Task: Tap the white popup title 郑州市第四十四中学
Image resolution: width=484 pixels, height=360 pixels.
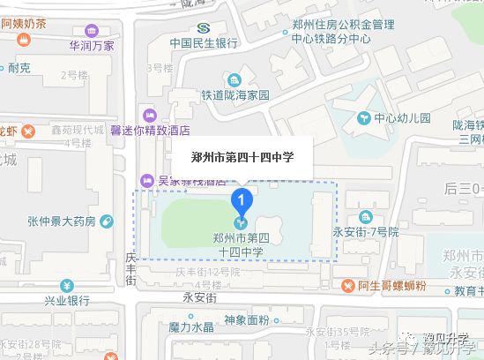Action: (242, 156)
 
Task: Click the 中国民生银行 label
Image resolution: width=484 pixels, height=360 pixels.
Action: (205, 42)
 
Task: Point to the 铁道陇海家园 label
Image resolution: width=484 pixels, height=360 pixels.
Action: (234, 94)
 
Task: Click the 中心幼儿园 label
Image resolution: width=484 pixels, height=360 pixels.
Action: (401, 116)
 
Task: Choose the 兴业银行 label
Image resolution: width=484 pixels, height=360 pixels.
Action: (67, 301)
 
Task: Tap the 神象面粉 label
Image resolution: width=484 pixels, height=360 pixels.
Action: (247, 319)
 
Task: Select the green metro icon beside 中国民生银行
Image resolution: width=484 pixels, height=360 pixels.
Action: (205, 26)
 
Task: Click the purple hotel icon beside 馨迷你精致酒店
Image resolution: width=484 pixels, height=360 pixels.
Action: (148, 114)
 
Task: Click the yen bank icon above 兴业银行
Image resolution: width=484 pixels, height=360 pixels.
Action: (67, 285)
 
